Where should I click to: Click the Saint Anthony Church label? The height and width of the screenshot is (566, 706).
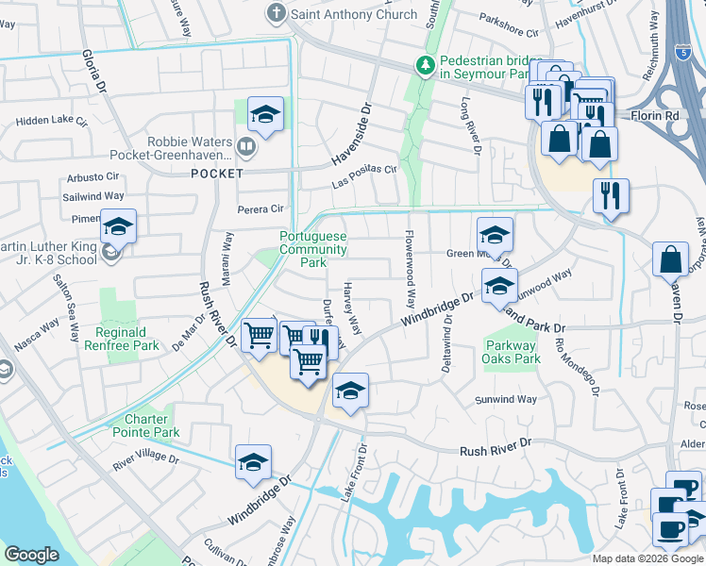point(354,14)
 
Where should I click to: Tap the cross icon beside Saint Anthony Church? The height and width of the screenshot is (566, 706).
point(276,13)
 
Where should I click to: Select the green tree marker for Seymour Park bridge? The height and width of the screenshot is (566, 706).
point(426,65)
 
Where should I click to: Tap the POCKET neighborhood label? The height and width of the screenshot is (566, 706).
point(217,174)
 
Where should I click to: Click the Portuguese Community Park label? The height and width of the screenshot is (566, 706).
point(312,249)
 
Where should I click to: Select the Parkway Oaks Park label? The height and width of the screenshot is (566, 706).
point(513,352)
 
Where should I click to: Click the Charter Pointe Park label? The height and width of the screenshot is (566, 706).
point(152,425)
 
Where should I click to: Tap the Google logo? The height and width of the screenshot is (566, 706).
point(31,555)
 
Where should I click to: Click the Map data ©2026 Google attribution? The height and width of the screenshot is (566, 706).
point(647,558)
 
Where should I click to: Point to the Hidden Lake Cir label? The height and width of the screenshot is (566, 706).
point(51,122)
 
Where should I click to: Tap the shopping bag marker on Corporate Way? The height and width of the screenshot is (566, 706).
point(670,259)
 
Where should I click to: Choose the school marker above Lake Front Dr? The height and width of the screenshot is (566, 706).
point(349,391)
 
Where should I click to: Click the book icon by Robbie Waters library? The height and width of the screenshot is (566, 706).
point(245,146)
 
